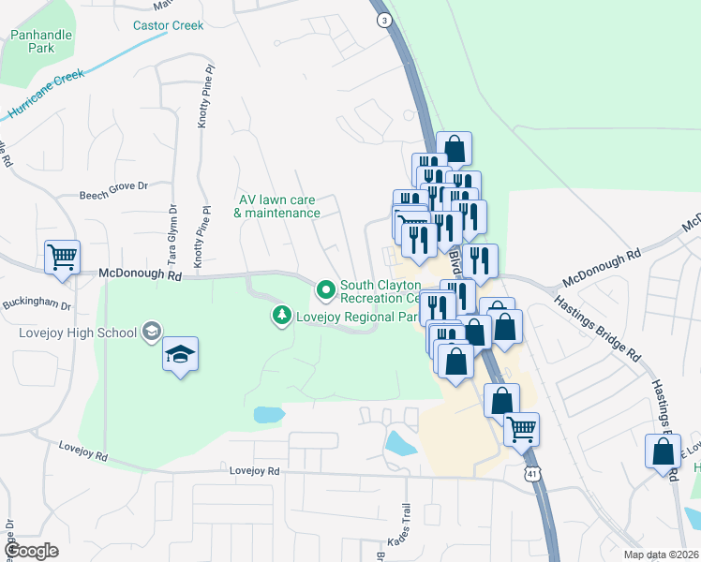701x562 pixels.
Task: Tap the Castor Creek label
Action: (169, 25)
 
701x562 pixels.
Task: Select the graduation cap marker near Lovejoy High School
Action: (180, 353)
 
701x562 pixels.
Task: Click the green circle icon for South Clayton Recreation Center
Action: (326, 291)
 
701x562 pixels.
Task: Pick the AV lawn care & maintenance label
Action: (277, 206)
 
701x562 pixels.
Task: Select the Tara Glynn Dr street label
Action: (172, 235)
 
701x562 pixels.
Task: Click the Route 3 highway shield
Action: (382, 20)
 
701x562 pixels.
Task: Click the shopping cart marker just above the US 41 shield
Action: (521, 428)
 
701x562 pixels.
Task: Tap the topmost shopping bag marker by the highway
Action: (454, 147)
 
